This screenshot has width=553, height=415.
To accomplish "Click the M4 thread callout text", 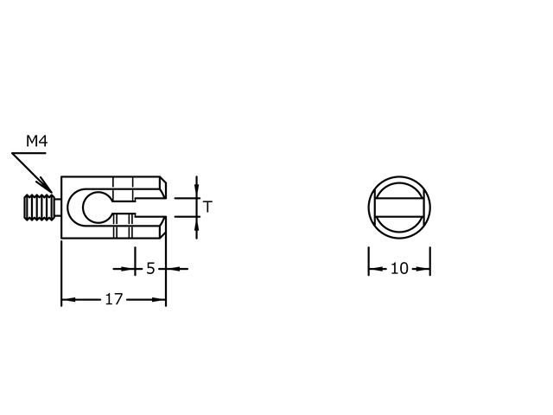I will (x=35, y=141).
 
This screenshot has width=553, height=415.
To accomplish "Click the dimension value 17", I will (x=113, y=300).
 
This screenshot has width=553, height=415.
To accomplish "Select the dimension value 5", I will (x=150, y=269).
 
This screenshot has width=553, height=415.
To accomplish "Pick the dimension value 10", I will (x=399, y=269).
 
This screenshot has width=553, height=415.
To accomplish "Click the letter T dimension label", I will (x=207, y=207).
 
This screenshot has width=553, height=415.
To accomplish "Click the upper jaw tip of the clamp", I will (x=161, y=186).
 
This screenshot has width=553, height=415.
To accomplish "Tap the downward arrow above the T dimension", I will (x=197, y=191).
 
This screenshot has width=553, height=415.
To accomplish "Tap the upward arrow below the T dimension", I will (x=197, y=223).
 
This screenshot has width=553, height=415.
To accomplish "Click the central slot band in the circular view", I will (x=399, y=207).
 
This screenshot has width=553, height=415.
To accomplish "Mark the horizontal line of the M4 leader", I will (x=28, y=154).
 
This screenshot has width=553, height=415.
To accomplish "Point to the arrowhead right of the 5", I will (x=171, y=269).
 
